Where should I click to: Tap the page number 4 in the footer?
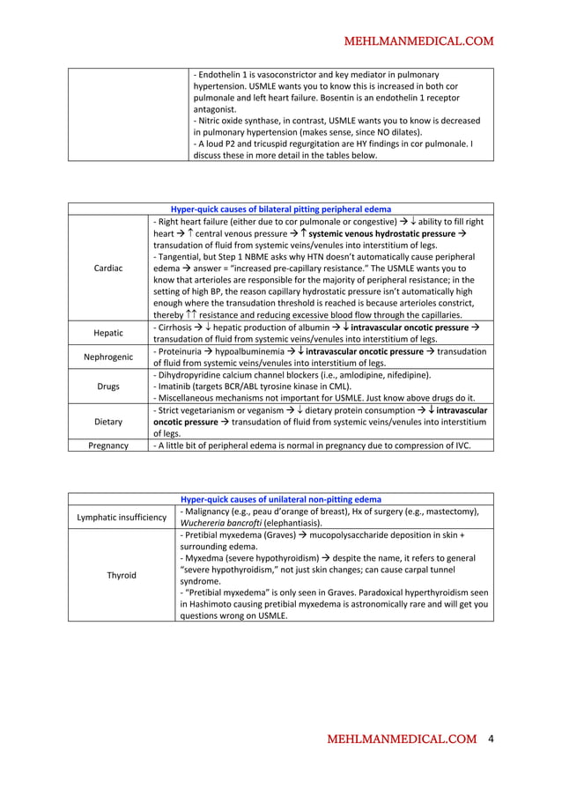coord(491,740)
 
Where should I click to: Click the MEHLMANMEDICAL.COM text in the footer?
coord(402,740)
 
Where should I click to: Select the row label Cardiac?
coord(107,268)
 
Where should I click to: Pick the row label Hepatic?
coord(107,333)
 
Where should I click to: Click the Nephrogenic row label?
coord(107,357)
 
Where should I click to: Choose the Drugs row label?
coord(107,386)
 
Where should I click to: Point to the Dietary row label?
coord(107,422)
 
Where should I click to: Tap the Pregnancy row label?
coord(107,445)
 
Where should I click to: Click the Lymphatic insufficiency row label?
coord(122,517)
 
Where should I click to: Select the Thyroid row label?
coord(122,575)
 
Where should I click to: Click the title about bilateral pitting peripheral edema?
coord(281,210)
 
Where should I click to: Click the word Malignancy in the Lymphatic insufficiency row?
coord(212,512)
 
